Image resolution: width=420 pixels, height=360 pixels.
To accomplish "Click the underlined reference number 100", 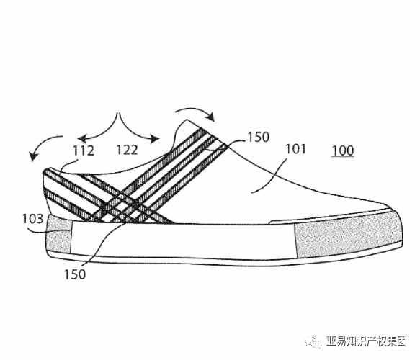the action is (x=343, y=150).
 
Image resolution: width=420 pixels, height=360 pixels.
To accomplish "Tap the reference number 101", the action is (x=295, y=149).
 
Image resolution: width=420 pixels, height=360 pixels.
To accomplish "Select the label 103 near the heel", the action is (x=32, y=219).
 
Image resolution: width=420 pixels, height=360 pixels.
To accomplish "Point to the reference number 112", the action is (x=84, y=150).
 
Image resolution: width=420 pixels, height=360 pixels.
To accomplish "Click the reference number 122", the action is (x=128, y=150).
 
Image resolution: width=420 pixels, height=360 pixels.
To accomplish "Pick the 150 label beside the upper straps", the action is (x=258, y=137).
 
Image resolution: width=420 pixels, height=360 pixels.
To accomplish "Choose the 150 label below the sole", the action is (x=75, y=274).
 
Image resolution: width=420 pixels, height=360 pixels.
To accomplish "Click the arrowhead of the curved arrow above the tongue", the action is (x=211, y=117).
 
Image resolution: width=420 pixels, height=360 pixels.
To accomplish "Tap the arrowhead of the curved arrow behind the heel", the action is (x=33, y=156).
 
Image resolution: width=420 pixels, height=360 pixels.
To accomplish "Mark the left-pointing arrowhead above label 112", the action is (x=81, y=139).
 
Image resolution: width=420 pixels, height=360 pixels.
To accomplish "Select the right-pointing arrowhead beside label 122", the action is (x=155, y=139).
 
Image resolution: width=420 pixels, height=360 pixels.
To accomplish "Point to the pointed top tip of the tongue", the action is (x=188, y=120).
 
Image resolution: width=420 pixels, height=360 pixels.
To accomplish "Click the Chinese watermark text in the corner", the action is (x=367, y=341).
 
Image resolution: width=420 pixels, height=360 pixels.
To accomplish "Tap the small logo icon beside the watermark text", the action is (x=313, y=341).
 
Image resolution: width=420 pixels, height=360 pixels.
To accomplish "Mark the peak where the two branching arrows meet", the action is (x=118, y=114).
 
